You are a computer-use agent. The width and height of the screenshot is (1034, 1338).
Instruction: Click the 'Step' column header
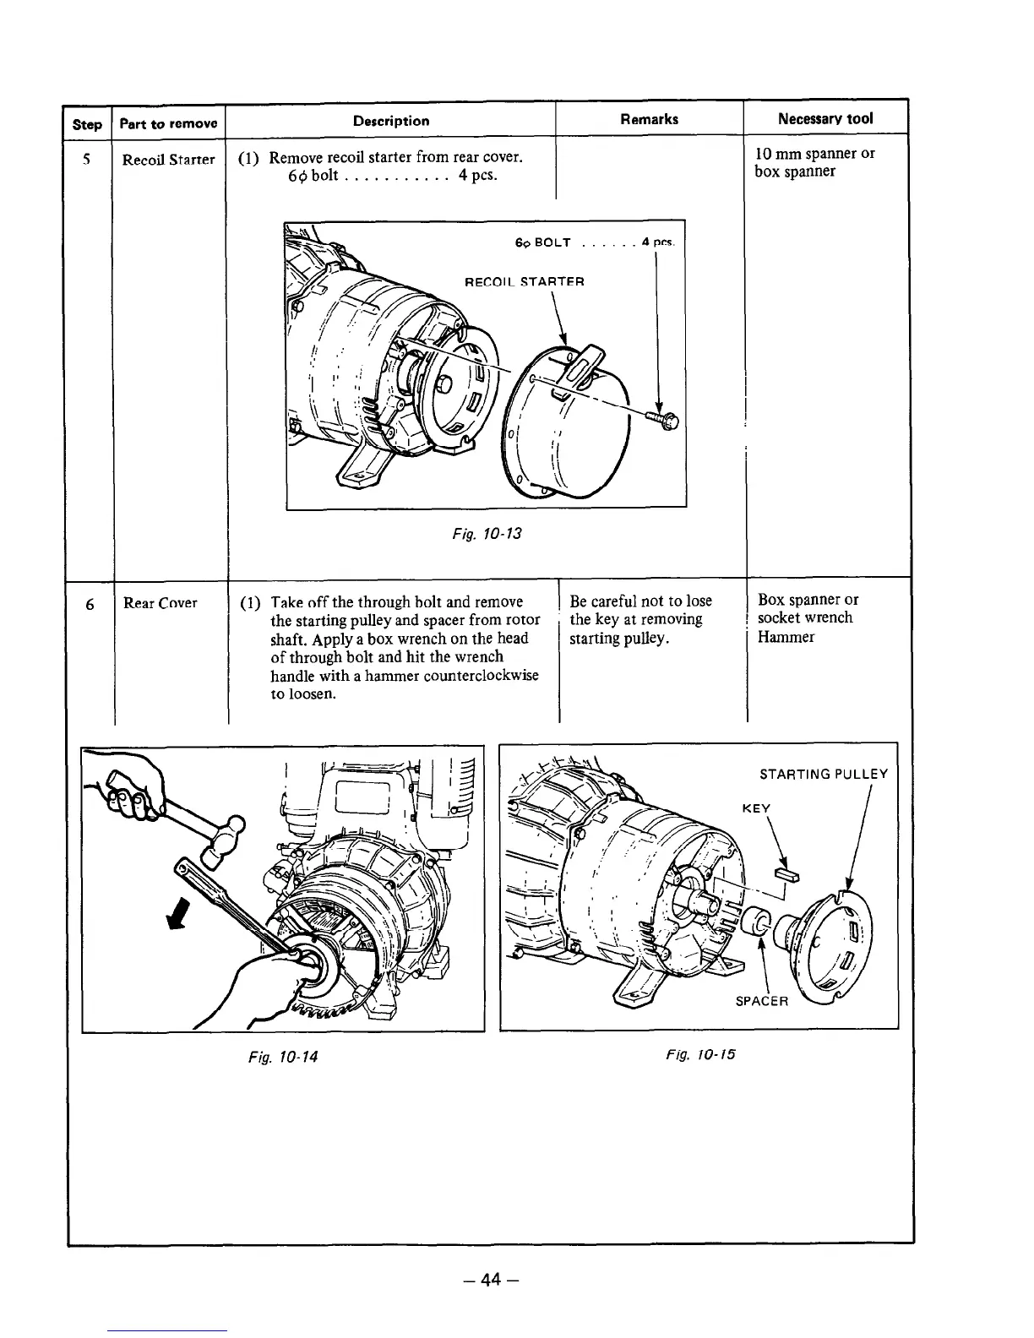[x=87, y=123]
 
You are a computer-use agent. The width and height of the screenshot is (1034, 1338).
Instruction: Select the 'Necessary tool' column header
[x=825, y=118]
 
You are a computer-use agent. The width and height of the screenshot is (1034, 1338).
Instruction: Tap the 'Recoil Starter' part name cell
[x=168, y=160]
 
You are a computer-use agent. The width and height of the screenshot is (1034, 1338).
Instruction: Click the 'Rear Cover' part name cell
[x=160, y=602]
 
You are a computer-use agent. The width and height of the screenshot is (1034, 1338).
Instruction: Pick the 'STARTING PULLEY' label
[x=824, y=774]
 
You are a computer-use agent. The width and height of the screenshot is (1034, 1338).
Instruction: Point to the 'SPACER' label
[x=761, y=1001]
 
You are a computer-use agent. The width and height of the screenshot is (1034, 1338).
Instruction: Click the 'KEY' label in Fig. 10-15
[x=756, y=808]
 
